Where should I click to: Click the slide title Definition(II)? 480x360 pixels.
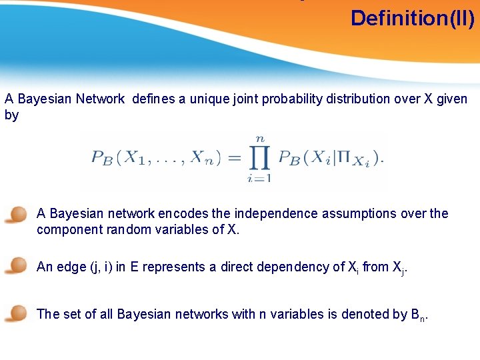coord(412,18)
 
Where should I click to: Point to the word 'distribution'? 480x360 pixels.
coord(360,99)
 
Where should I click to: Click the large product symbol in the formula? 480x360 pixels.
coord(258,158)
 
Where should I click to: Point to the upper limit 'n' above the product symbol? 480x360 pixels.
coord(259,137)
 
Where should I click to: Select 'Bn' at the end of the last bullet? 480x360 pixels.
coord(416,315)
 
